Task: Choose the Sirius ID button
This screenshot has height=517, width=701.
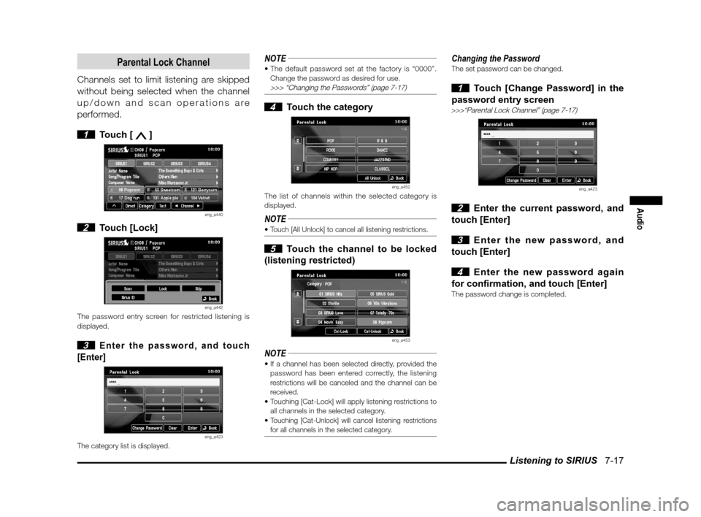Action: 129,298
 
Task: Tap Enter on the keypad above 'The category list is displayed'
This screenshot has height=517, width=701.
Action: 193,428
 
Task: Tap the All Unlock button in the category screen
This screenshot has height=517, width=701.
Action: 372,177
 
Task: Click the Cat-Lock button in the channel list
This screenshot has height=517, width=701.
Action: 340,331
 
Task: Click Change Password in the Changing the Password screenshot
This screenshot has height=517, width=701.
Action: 521,180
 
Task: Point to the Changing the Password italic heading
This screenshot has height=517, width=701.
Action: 496,58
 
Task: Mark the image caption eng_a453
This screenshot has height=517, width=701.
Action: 401,340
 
